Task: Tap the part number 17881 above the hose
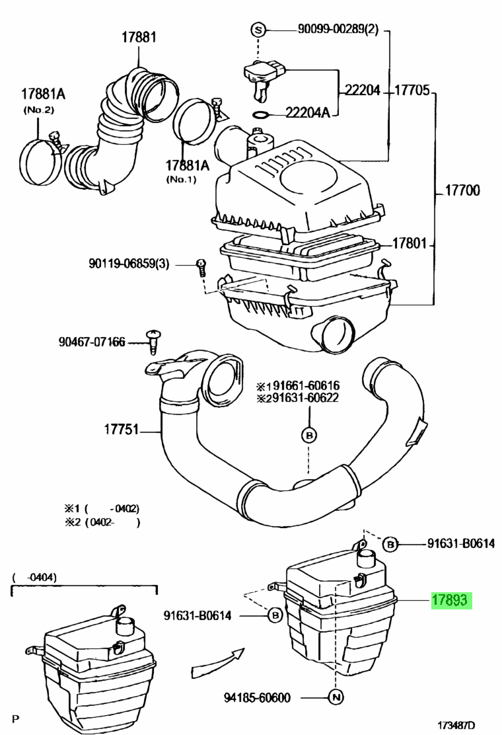[x=139, y=37]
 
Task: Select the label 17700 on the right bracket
[x=462, y=190]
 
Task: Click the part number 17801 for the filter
[x=410, y=243]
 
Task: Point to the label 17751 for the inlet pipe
[x=122, y=429]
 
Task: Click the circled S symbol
[x=258, y=30]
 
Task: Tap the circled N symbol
[x=336, y=697]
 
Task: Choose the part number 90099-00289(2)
[x=338, y=29]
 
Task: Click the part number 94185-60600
[x=257, y=697]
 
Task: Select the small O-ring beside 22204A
[x=260, y=114]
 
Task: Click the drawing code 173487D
[x=456, y=724]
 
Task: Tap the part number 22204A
[x=308, y=112]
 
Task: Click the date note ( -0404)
[x=34, y=577]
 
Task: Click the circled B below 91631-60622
[x=308, y=436]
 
